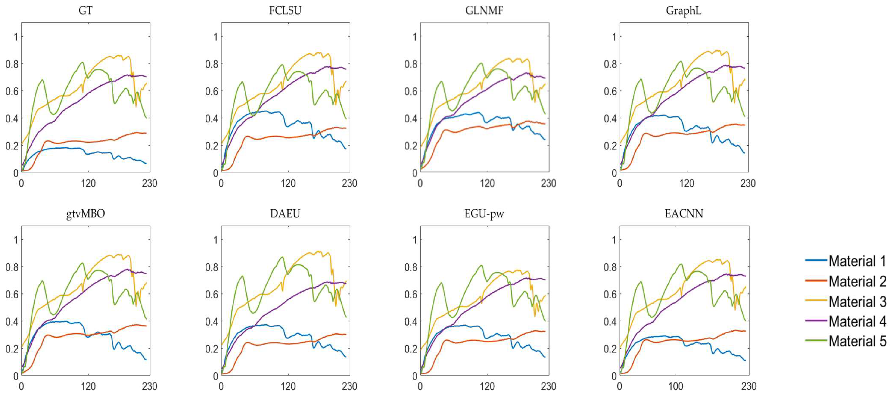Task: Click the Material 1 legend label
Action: click(857, 261)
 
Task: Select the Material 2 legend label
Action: click(857, 281)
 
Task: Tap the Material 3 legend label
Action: click(857, 301)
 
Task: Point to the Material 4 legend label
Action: click(857, 321)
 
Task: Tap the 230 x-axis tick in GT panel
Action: click(150, 183)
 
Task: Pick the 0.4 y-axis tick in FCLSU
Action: click(211, 118)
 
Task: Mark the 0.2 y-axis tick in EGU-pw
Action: click(411, 349)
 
